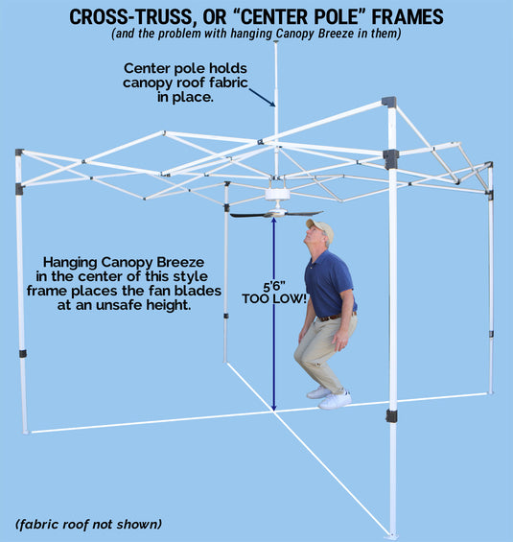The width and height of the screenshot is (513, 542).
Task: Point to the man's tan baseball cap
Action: [x=320, y=229]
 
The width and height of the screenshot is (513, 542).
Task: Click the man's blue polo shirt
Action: [x=329, y=283]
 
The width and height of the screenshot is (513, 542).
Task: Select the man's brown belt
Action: [x=334, y=317]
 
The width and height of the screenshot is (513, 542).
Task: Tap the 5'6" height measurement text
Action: [x=274, y=287]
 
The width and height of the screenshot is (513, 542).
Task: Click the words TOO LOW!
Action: [x=274, y=298]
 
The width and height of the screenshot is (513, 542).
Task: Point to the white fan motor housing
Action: [x=277, y=195]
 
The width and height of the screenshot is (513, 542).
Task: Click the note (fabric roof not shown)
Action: [x=88, y=524]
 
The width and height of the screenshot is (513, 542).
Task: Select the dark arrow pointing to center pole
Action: [x=262, y=98]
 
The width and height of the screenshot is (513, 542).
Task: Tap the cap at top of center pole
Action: [x=275, y=42]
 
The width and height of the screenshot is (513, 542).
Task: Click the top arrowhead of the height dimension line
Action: [x=273, y=222]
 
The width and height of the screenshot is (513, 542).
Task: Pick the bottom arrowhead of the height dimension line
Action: [x=273, y=407]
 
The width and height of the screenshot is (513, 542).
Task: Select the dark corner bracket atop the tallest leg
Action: [x=389, y=102]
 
